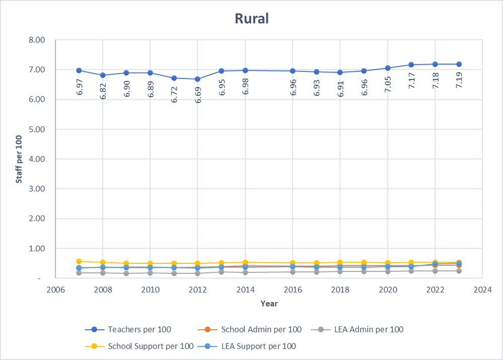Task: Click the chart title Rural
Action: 251,19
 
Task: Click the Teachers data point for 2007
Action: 79,70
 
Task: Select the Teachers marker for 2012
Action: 198,79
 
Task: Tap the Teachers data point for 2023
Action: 459,64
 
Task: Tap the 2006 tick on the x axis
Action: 55,290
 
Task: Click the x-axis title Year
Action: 269,304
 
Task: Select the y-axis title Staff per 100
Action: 19,159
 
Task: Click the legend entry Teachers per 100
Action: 139,330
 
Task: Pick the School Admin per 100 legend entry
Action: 261,330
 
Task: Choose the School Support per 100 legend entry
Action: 150,346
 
